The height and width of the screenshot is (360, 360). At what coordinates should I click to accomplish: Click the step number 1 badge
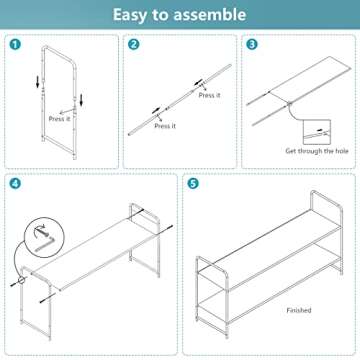[x=15, y=44]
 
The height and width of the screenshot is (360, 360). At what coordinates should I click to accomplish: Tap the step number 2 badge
[x=134, y=44]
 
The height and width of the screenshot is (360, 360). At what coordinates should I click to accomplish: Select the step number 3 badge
[x=252, y=44]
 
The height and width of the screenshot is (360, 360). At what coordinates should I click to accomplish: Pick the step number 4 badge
[x=15, y=184]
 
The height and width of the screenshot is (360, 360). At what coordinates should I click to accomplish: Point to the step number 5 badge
[x=193, y=184]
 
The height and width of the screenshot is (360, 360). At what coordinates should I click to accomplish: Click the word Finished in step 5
[x=299, y=310]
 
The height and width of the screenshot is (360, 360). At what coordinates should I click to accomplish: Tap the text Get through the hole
[x=317, y=151]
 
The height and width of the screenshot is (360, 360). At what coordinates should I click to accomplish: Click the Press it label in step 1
[x=59, y=119]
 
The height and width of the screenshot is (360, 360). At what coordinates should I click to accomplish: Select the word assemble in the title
[x=206, y=15]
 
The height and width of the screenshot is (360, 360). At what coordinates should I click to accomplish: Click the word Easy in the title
[x=128, y=15]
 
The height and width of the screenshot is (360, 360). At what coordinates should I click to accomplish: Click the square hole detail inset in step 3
[x=317, y=132]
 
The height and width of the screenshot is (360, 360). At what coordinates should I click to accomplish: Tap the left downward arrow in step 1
[x=38, y=82]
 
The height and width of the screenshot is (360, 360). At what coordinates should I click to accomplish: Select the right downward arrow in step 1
[x=81, y=100]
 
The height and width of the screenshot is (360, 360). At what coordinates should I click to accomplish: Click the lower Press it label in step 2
[x=165, y=126]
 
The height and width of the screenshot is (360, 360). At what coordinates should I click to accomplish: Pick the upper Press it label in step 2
[x=210, y=95]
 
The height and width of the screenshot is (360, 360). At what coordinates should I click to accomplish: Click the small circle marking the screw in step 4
[x=22, y=281]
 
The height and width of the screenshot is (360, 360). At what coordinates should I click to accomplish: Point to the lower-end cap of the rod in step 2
[x=129, y=134]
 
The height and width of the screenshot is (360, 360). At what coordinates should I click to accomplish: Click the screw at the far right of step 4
[x=168, y=228]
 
